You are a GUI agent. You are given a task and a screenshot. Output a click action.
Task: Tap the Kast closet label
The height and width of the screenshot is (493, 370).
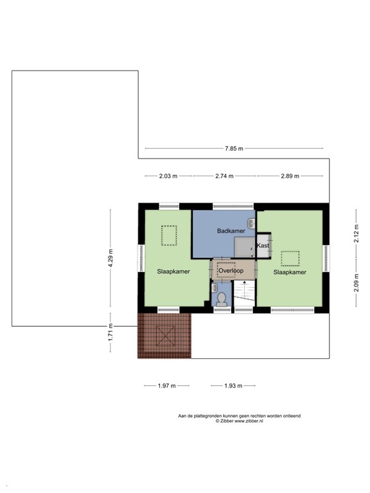click(x=263, y=246)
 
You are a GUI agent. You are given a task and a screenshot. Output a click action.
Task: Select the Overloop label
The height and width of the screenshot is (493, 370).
click(x=230, y=271)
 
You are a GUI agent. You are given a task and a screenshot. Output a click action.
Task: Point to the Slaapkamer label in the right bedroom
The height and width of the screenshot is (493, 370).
click(x=289, y=272)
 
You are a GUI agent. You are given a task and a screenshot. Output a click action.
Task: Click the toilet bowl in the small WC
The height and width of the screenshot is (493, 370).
click(x=222, y=299)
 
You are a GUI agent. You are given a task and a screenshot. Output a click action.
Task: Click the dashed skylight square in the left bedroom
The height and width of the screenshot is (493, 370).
click(x=170, y=236)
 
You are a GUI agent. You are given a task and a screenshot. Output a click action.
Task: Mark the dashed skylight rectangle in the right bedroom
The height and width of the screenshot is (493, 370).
click(x=290, y=258)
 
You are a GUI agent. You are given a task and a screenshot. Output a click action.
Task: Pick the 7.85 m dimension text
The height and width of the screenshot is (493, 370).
click(x=234, y=149)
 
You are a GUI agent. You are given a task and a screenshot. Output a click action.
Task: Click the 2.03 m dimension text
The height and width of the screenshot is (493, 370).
click(x=167, y=176)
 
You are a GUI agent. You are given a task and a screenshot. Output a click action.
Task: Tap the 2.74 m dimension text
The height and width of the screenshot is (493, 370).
click(x=224, y=176)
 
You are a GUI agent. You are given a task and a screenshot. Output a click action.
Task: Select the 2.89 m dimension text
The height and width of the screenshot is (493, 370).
click(x=289, y=176)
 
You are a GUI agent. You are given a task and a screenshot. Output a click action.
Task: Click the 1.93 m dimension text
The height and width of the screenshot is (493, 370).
click(x=233, y=386)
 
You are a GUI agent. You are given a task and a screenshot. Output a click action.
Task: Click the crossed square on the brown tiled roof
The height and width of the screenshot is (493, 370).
click(x=166, y=336)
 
